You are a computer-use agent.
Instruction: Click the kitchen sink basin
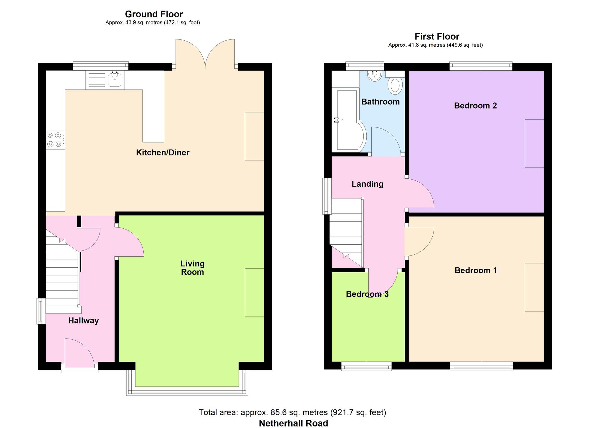click(x=115, y=79)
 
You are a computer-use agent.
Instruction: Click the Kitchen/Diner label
click(x=163, y=152)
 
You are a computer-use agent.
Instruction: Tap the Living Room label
click(x=193, y=268)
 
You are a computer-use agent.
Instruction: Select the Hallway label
click(x=83, y=321)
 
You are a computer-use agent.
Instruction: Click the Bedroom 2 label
click(x=475, y=106)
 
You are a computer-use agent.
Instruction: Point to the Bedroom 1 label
click(x=476, y=270)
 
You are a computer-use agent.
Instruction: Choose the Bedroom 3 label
click(x=367, y=294)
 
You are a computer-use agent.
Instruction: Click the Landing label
click(x=368, y=184)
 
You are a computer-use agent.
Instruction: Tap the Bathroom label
click(x=380, y=102)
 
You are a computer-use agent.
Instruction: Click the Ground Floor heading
click(x=154, y=14)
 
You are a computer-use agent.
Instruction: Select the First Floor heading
click(x=437, y=36)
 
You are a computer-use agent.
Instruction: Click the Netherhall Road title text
click(x=293, y=423)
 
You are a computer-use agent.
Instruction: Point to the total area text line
click(x=292, y=412)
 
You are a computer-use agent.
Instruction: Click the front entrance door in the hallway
click(x=80, y=354)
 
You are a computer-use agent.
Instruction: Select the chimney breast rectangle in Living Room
click(x=254, y=293)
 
